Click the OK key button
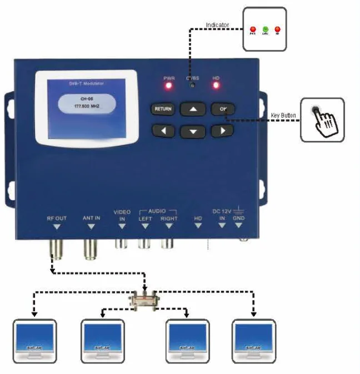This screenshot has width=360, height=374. (x=222, y=109)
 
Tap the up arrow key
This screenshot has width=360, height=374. (x=193, y=109)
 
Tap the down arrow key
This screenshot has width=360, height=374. (x=193, y=132)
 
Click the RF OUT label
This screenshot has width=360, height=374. (x=57, y=218)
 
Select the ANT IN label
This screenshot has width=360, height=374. (x=91, y=218)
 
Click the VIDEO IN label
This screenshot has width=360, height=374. (x=122, y=215)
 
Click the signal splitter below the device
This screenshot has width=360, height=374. (x=144, y=302)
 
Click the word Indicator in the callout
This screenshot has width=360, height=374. (x=217, y=25)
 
